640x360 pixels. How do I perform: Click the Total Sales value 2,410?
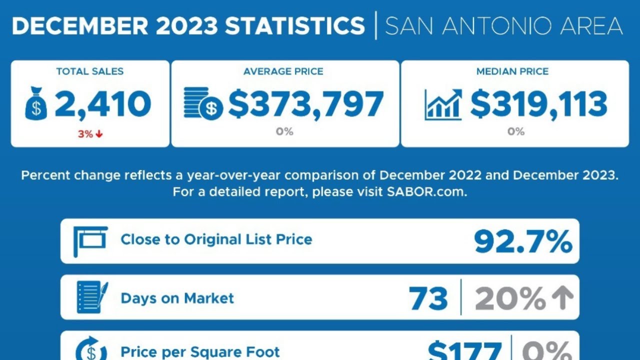(x=102, y=104)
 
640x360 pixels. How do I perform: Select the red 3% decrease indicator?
(x=90, y=134)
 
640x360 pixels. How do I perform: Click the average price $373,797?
(x=306, y=104)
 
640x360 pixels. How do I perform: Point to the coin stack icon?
(x=202, y=104)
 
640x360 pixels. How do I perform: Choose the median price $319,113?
(x=538, y=104)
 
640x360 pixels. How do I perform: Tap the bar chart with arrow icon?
(x=443, y=105)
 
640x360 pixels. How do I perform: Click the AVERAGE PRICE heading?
(x=283, y=71)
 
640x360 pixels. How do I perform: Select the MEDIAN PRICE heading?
(x=512, y=71)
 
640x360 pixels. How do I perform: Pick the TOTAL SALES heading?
(x=90, y=71)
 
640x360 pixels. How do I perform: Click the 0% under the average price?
(x=284, y=132)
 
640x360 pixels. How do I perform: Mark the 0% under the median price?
(x=515, y=132)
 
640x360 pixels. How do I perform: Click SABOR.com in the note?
(x=426, y=192)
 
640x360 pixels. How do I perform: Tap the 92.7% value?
(x=522, y=241)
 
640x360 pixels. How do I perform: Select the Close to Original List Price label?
(x=216, y=239)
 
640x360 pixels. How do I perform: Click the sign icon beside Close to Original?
(x=90, y=240)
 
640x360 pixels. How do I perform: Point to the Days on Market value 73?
(x=428, y=298)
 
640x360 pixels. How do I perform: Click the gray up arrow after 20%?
(x=562, y=298)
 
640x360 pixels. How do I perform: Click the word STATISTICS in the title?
(x=295, y=25)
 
